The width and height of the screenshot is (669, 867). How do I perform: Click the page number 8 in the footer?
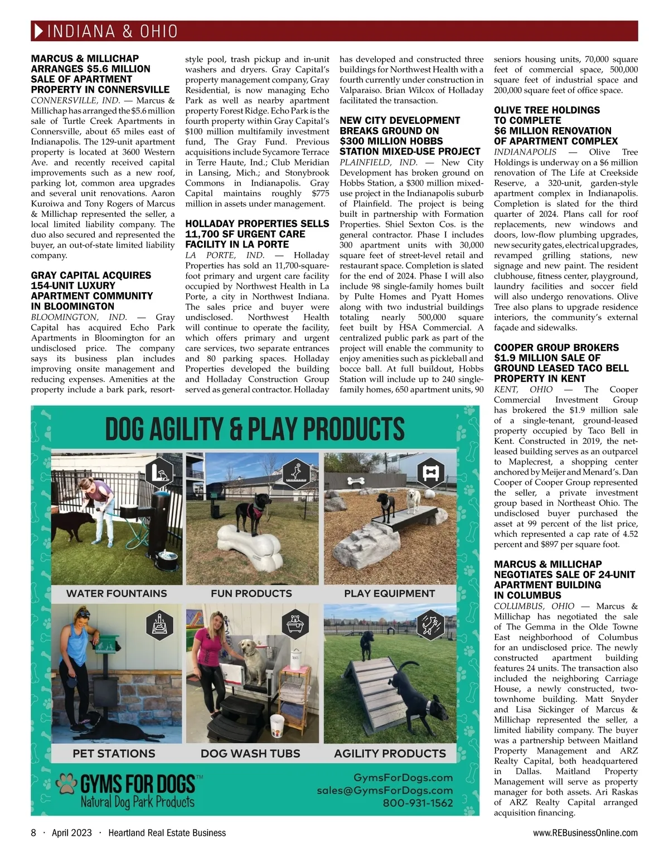[x=33, y=832]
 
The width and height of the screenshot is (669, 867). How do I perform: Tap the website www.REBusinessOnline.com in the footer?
[x=585, y=832]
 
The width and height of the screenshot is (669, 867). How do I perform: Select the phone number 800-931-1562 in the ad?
[x=418, y=803]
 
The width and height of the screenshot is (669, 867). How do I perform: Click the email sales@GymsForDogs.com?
[x=385, y=790]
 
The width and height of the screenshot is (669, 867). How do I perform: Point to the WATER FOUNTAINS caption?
[x=117, y=593]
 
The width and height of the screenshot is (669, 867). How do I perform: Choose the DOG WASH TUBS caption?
[x=250, y=753]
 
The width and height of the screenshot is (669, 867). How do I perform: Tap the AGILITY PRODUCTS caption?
[x=390, y=753]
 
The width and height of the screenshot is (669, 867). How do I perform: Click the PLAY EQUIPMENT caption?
[x=389, y=593]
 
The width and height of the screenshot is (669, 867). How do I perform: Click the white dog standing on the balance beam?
[x=413, y=500]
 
